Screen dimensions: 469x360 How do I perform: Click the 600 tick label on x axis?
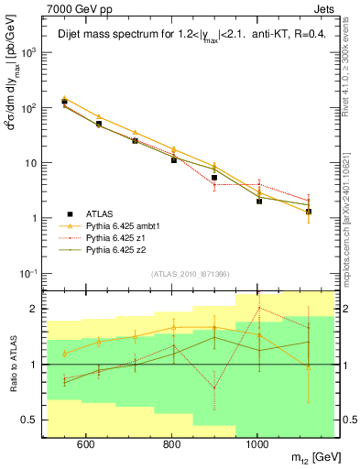(84, 445)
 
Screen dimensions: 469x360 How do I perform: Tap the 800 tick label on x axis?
(170, 445)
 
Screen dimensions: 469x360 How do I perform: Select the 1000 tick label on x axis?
(257, 445)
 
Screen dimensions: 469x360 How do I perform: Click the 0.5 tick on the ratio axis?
(32, 420)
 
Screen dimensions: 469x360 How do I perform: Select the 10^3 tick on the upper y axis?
(30, 52)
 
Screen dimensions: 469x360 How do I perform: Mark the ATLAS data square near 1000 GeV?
(259, 201)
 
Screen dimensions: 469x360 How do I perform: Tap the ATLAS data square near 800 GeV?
(173, 160)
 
